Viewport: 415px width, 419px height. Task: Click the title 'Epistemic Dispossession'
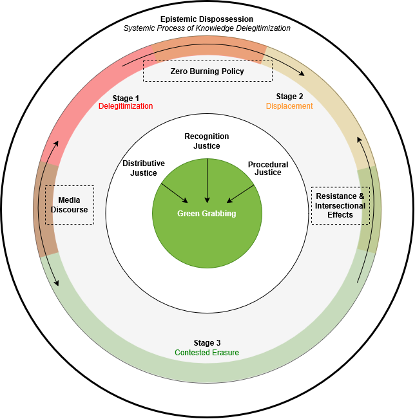[207, 19]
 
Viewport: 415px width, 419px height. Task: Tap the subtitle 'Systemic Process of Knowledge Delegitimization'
[207, 28]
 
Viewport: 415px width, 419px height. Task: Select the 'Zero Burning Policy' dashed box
[207, 71]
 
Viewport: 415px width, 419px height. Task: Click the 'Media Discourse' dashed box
[70, 205]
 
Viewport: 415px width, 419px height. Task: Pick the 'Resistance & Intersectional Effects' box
[340, 205]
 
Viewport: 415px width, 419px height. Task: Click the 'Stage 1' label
[126, 98]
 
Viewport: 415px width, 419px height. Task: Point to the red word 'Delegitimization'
[126, 106]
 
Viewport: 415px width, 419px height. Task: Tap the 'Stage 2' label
[289, 97]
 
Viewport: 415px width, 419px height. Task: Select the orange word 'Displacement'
[289, 106]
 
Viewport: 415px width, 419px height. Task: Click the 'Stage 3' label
[207, 343]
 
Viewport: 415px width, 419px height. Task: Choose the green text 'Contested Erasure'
[207, 353]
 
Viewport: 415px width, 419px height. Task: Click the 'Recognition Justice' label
[207, 141]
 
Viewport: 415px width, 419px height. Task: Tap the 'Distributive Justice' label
[144, 168]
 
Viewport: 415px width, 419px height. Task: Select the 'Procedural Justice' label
[268, 169]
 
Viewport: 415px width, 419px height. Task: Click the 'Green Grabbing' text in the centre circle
[207, 214]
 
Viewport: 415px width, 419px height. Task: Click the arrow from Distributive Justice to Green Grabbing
[174, 193]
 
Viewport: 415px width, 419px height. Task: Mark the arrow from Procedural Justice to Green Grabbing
[240, 193]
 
